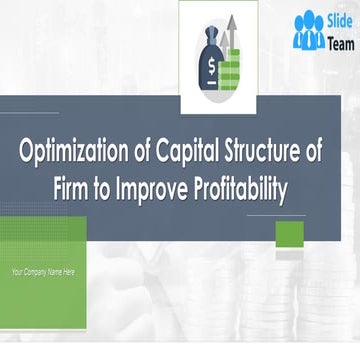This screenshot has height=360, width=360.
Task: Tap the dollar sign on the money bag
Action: [211, 68]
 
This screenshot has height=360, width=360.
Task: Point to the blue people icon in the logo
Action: [308, 31]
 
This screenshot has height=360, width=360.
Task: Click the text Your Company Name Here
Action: [42, 272]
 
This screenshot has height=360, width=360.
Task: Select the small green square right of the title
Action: [289, 235]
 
